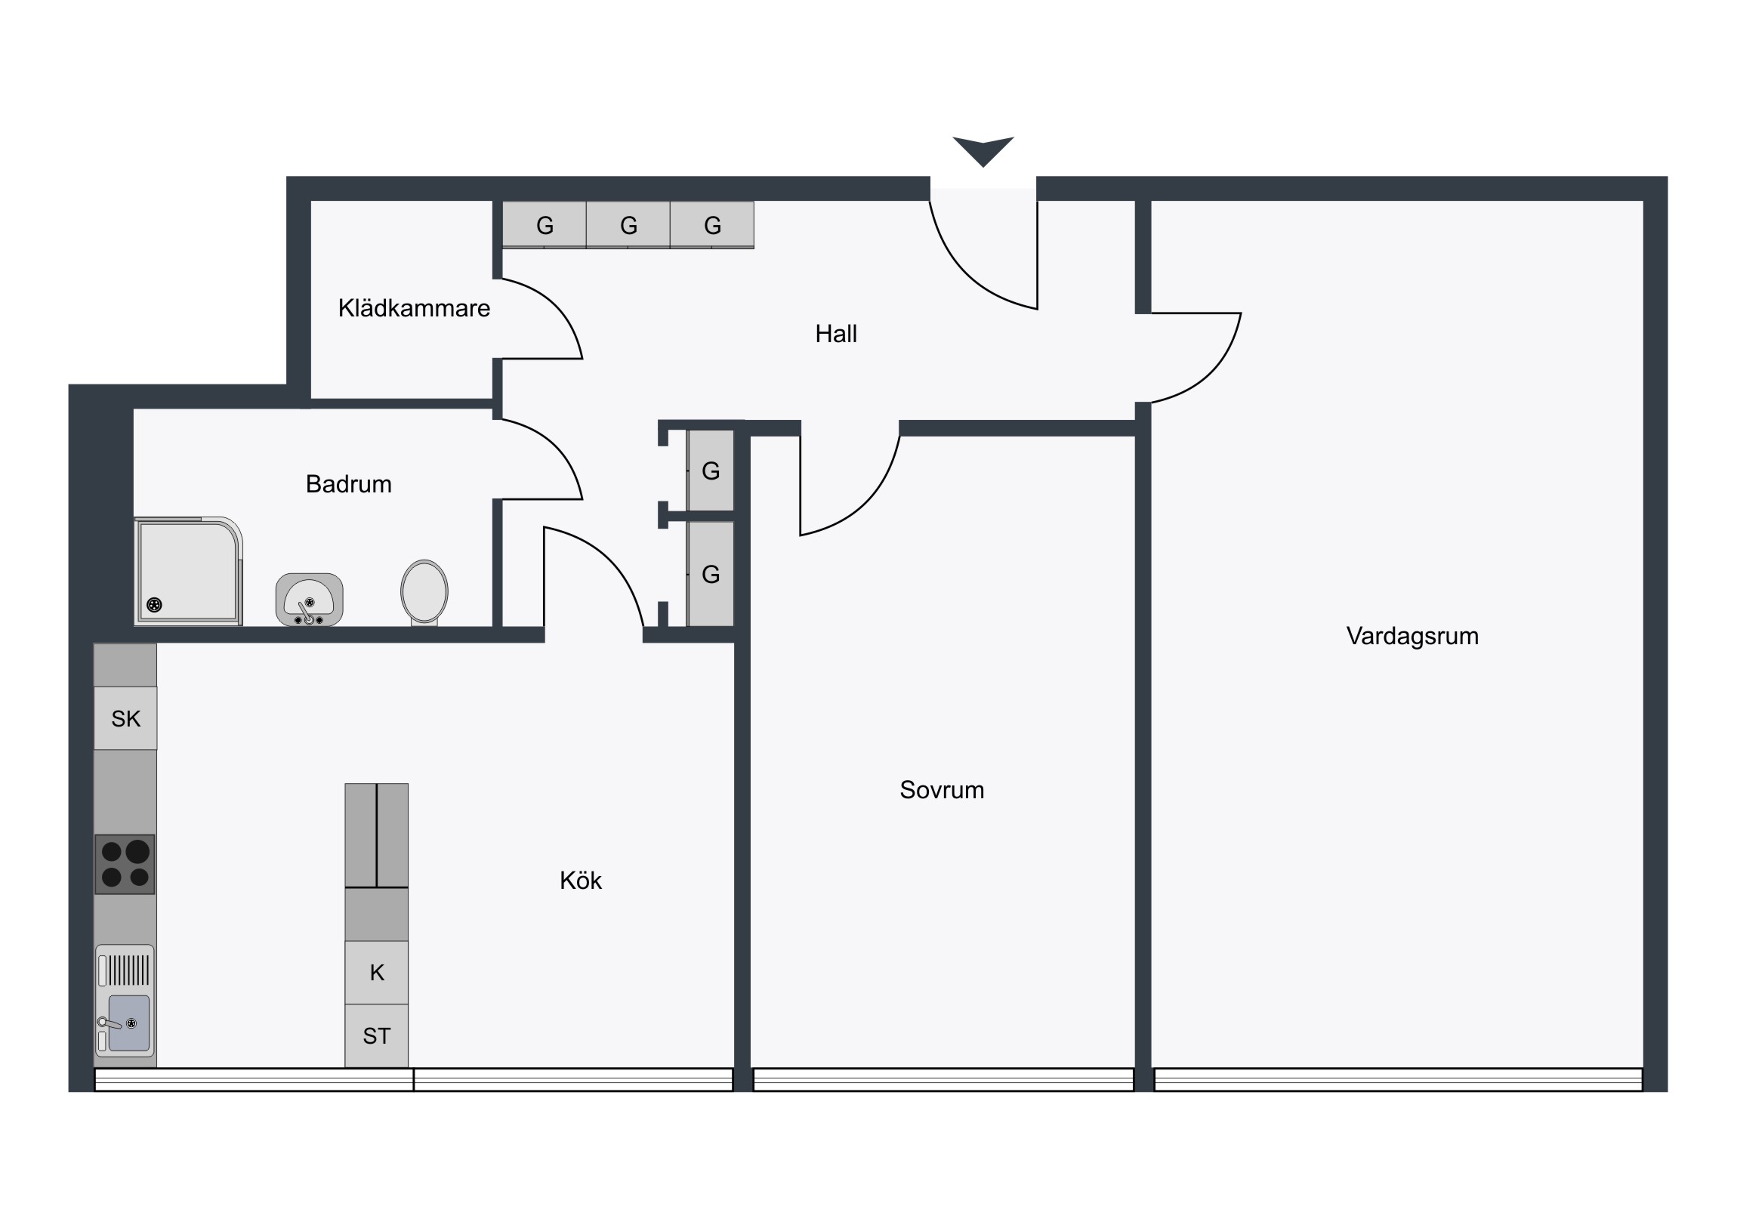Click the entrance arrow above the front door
pyautogui.click(x=983, y=150)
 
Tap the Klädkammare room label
pyautogui.click(x=414, y=308)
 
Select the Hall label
pyautogui.click(x=836, y=334)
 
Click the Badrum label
pyautogui.click(x=349, y=484)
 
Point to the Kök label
pyautogui.click(x=580, y=881)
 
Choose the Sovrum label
pyautogui.click(x=942, y=790)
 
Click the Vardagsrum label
pyautogui.click(x=1412, y=637)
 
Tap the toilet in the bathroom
pyautogui.click(x=424, y=592)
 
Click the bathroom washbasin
pyautogui.click(x=310, y=599)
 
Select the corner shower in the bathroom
pyautogui.click(x=188, y=571)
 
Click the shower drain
pyautogui.click(x=154, y=604)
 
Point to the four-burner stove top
pyautogui.click(x=125, y=864)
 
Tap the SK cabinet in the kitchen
pyautogui.click(x=125, y=718)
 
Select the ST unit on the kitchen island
pyautogui.click(x=377, y=1036)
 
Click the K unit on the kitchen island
pyautogui.click(x=377, y=972)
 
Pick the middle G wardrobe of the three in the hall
pyautogui.click(x=628, y=225)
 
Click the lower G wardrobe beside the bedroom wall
pyautogui.click(x=711, y=574)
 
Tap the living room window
pyautogui.click(x=1398, y=1079)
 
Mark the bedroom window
pyautogui.click(x=943, y=1079)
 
